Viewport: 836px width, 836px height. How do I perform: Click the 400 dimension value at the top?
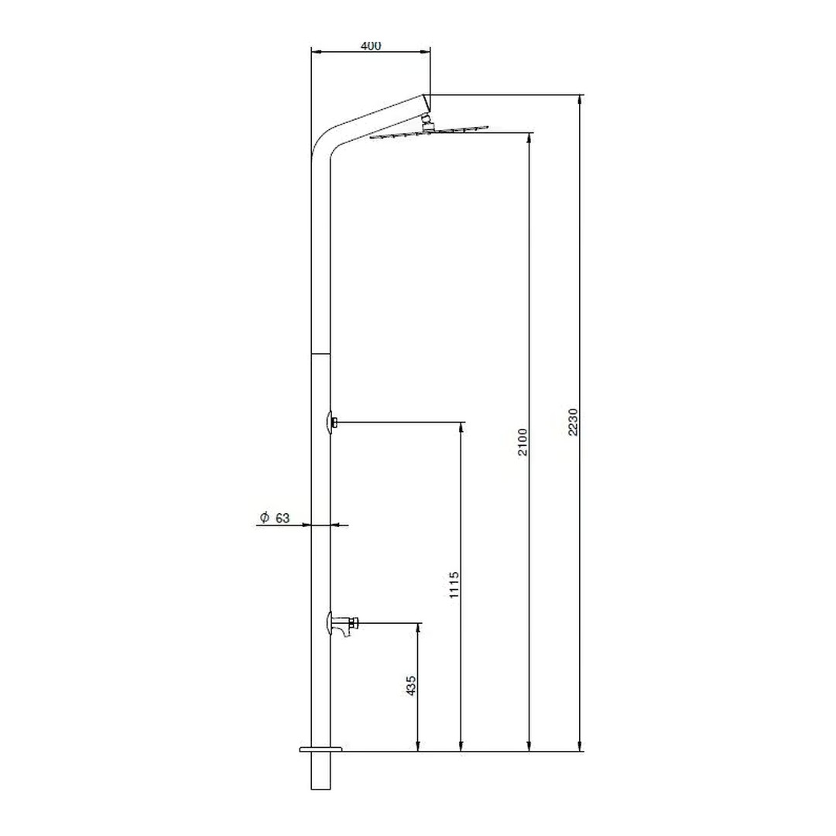click(371, 46)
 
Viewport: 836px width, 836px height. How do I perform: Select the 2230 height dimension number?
click(573, 423)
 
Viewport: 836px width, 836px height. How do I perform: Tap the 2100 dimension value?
click(522, 441)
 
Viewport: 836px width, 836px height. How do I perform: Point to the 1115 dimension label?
click(454, 585)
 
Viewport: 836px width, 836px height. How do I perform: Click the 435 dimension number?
click(411, 685)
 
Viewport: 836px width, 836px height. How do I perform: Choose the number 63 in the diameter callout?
click(283, 518)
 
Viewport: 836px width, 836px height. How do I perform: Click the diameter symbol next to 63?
click(264, 518)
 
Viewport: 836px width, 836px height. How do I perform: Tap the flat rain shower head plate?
click(430, 132)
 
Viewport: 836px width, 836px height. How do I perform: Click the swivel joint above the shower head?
click(427, 120)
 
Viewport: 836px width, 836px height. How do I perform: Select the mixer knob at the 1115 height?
click(331, 423)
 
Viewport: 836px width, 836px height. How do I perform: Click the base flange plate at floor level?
click(320, 749)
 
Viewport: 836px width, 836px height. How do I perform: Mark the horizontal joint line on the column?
click(320, 353)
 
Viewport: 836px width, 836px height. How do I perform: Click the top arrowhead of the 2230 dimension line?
click(580, 99)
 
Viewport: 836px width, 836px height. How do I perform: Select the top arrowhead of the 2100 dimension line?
click(529, 138)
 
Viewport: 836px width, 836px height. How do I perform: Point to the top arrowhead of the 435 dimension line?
click(418, 627)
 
